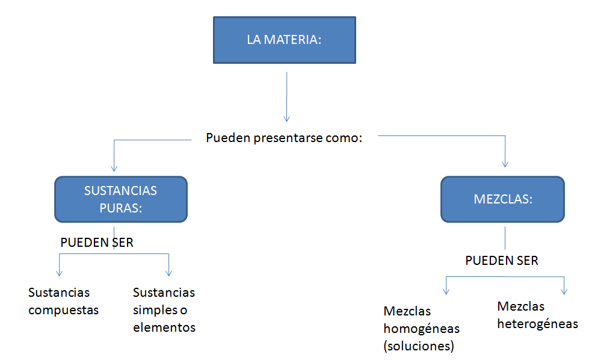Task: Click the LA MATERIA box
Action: (x=284, y=40)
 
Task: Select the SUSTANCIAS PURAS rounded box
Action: (x=121, y=199)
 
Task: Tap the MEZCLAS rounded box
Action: (x=502, y=199)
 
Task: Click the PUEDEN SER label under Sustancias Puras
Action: (x=97, y=243)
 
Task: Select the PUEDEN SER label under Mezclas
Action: (x=502, y=261)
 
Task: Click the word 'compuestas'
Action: (x=63, y=311)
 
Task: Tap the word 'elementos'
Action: (x=164, y=328)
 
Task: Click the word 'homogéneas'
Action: (x=421, y=329)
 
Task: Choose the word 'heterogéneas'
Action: (x=538, y=324)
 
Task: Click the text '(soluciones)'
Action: (x=419, y=347)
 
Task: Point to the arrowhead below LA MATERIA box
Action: (x=287, y=117)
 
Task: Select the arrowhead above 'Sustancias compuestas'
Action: (x=59, y=272)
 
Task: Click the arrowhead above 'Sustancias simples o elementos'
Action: (x=169, y=272)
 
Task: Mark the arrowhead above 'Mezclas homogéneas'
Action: (x=446, y=291)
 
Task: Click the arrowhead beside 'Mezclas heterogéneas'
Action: (x=564, y=291)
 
